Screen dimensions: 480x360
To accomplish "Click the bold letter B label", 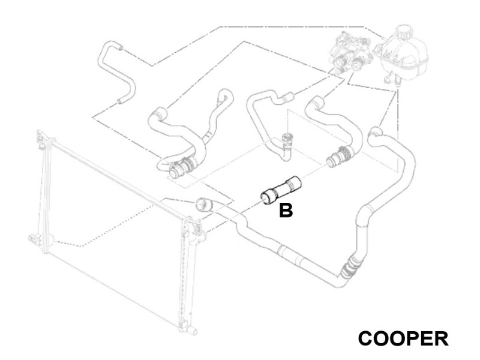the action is (286, 211).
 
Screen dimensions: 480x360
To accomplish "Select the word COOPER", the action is (403, 338).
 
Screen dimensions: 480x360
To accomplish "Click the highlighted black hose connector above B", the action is (281, 190).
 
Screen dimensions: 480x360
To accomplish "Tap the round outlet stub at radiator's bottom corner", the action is (192, 331).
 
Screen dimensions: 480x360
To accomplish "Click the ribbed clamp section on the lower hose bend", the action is (349, 267).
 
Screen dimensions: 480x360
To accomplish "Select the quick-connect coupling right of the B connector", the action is (340, 157).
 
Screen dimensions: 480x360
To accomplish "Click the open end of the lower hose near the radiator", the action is (202, 205).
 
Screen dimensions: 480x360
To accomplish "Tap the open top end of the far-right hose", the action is (375, 132).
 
